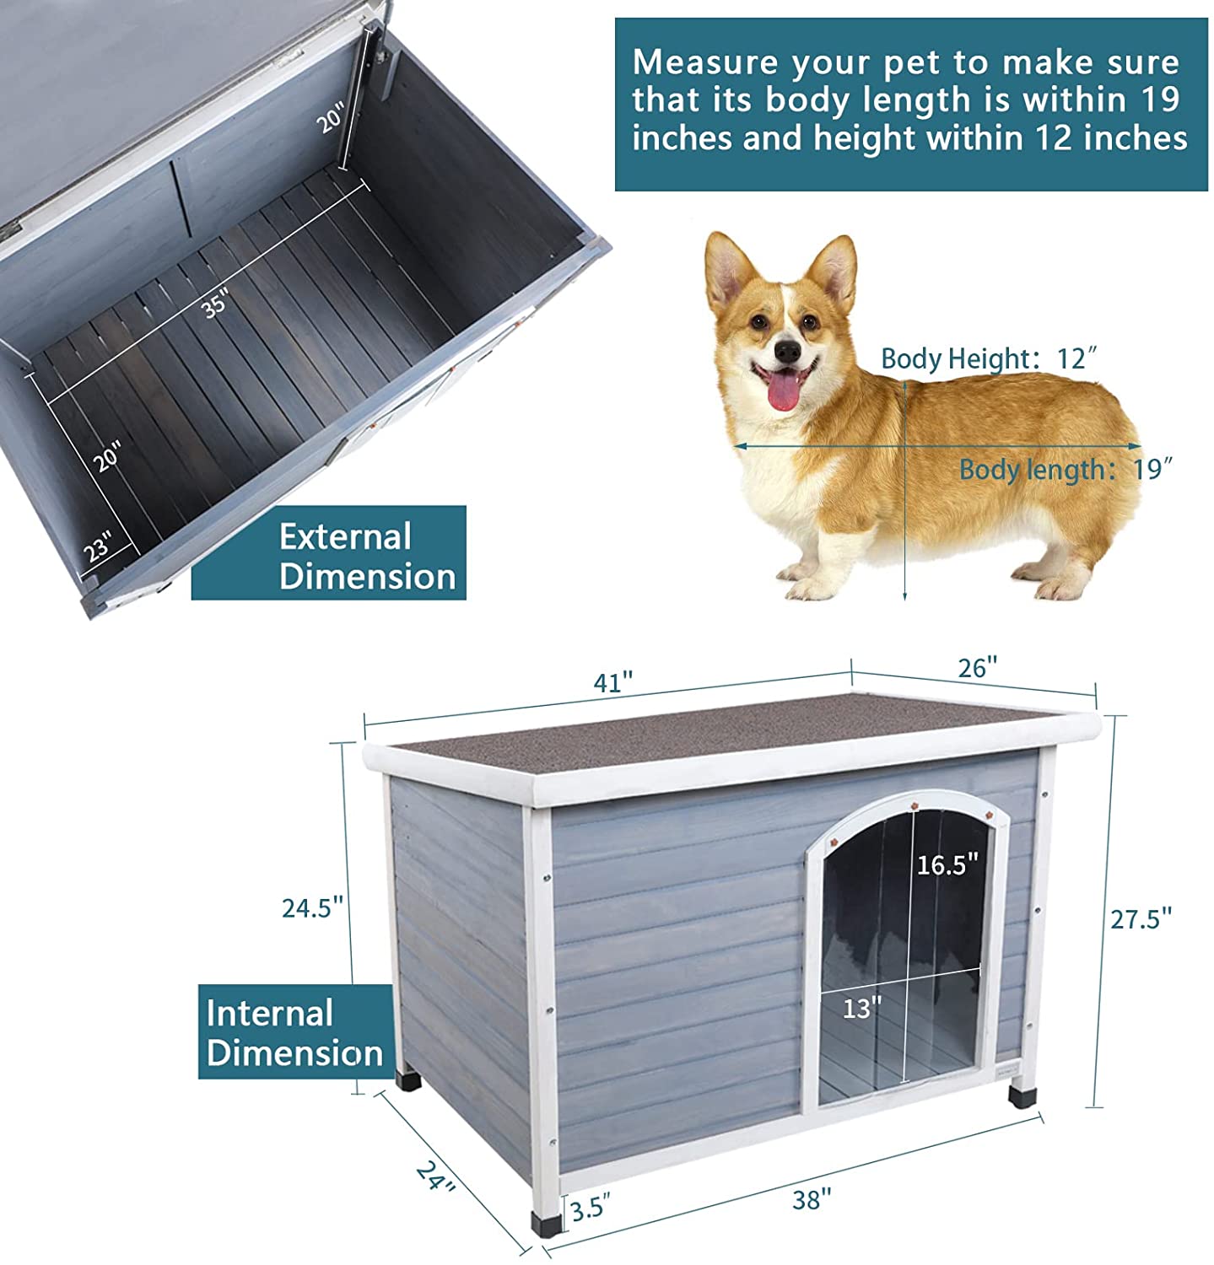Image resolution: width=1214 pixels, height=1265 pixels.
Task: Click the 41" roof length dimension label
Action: (x=612, y=682)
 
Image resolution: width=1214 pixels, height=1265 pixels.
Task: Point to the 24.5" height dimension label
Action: (x=312, y=907)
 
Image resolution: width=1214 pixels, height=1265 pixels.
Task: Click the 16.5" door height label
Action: (x=947, y=864)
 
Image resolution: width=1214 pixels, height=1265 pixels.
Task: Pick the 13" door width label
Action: (x=861, y=1007)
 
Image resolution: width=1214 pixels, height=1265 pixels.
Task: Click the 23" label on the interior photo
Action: (x=98, y=547)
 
